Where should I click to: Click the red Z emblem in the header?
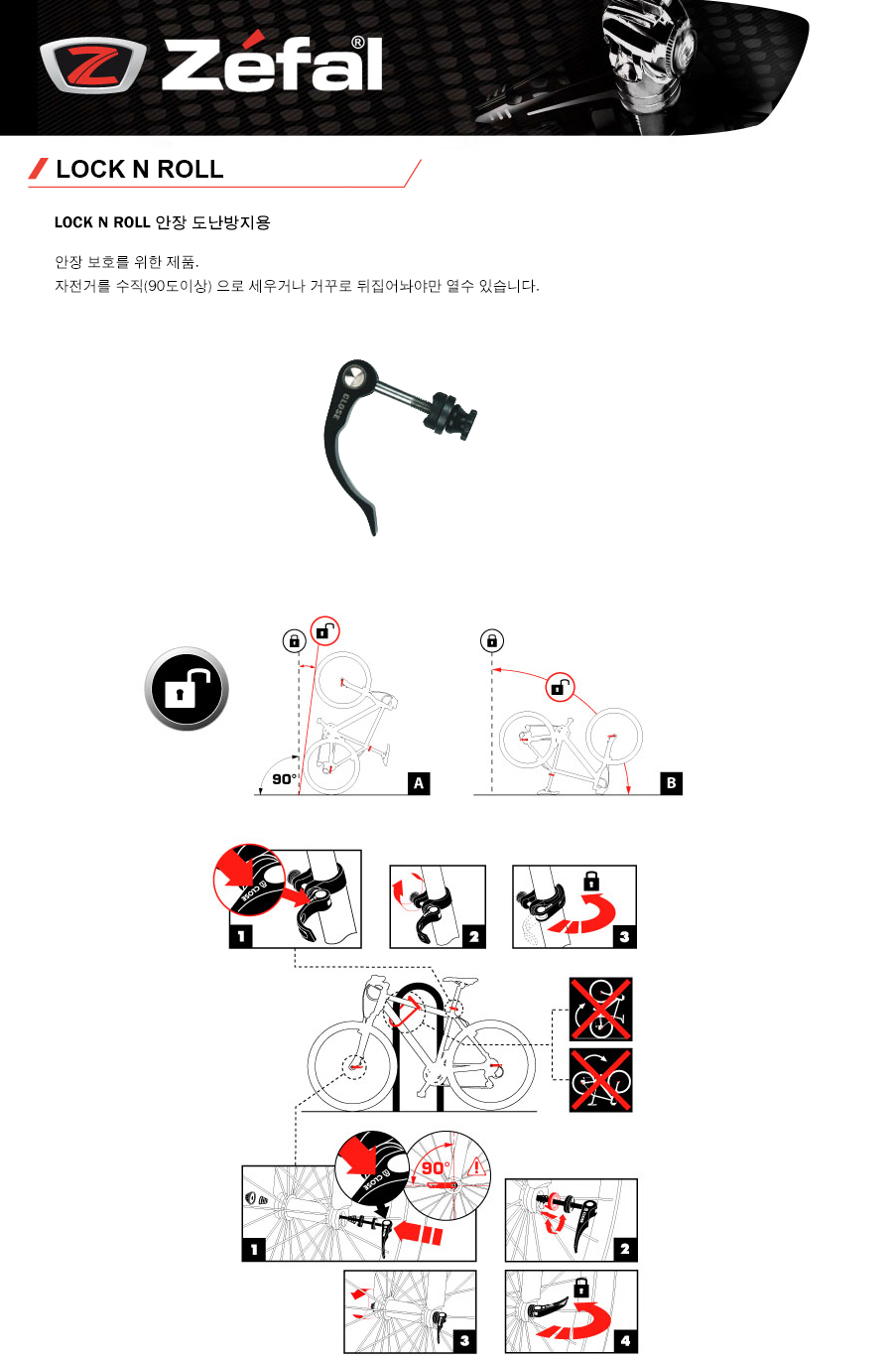pyautogui.click(x=93, y=66)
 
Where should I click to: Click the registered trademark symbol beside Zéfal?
pyautogui.click(x=358, y=43)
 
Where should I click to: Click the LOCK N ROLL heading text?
pyautogui.click(x=140, y=169)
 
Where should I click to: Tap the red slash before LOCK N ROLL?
pyautogui.click(x=39, y=169)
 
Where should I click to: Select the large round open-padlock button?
pyautogui.click(x=187, y=688)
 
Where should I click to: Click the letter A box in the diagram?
pyautogui.click(x=419, y=783)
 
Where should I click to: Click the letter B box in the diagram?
pyautogui.click(x=671, y=782)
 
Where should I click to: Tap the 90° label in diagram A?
pyautogui.click(x=285, y=779)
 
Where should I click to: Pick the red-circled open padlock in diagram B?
pyautogui.click(x=560, y=687)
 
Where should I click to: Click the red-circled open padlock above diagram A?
pyautogui.click(x=325, y=631)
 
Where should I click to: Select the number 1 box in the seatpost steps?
pyautogui.click(x=241, y=936)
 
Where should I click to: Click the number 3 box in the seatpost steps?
pyautogui.click(x=624, y=936)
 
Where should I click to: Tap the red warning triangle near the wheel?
pyautogui.click(x=476, y=1167)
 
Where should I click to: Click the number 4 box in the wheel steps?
pyautogui.click(x=625, y=1340)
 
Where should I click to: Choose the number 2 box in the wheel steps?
pyautogui.click(x=625, y=1250)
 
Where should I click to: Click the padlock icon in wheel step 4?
pyautogui.click(x=581, y=1287)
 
